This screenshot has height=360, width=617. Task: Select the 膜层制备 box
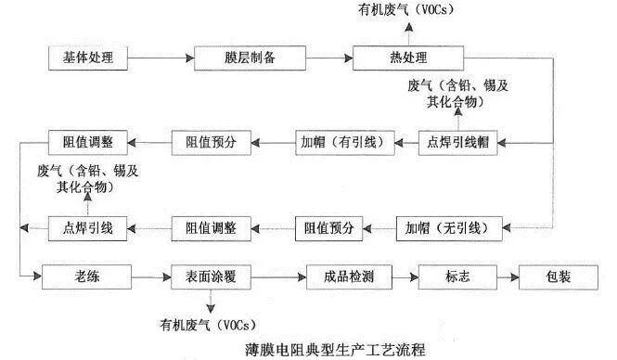click(237, 57)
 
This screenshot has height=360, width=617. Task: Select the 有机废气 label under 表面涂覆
click(209, 324)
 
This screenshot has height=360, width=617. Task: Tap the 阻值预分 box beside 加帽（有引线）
click(209, 142)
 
